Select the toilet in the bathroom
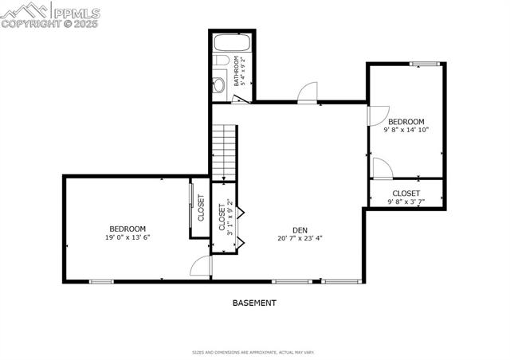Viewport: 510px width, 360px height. coord(219,84)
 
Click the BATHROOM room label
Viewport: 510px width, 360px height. coord(237,72)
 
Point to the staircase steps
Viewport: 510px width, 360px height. coord(226,151)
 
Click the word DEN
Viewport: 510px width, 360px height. coord(300,229)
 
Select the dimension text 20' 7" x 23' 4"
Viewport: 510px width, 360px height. coord(300,237)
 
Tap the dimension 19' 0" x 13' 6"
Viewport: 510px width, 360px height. coord(127,237)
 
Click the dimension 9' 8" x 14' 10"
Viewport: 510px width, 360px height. coord(406,129)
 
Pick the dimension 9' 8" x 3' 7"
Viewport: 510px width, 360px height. coord(406,202)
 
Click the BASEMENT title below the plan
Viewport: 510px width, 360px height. coord(254,303)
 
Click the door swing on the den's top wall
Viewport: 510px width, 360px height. coord(307,93)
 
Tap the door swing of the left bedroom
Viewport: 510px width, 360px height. coord(200,268)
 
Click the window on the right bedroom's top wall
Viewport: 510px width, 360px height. coord(424,64)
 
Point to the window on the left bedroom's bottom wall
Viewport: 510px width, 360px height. coord(101,280)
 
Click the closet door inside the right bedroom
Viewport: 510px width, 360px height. coord(381,168)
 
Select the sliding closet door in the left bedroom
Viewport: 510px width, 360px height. coord(190,208)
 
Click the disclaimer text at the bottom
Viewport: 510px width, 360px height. coord(254,351)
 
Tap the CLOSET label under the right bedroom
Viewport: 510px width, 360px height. coord(406,193)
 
